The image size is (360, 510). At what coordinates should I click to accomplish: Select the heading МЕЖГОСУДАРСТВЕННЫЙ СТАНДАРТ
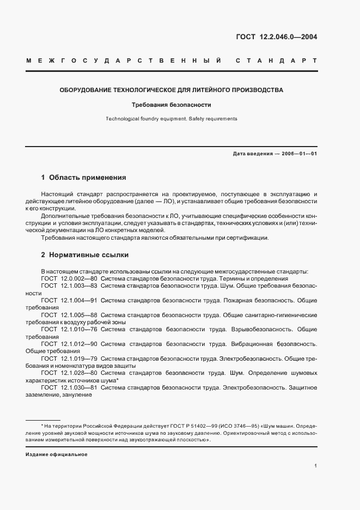[x=172, y=61]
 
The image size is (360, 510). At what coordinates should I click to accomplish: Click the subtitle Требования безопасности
[x=171, y=105]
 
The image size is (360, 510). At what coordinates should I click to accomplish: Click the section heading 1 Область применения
[x=84, y=178]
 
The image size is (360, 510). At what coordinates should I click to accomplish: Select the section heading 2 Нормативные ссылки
[x=84, y=254]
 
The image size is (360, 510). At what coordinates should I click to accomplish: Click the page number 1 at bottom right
[x=315, y=466]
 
